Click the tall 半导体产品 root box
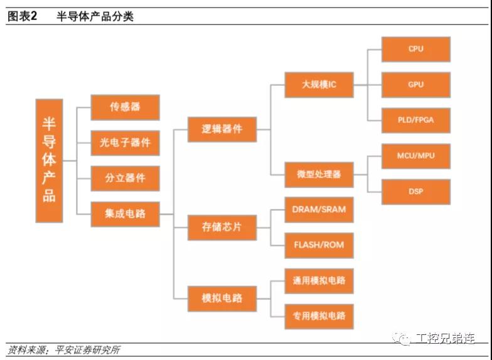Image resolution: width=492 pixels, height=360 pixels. click(x=49, y=161)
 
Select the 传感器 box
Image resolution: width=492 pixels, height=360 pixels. click(x=125, y=107)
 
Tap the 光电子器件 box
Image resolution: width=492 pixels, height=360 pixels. click(x=125, y=142)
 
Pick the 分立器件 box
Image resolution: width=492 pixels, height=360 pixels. click(x=125, y=178)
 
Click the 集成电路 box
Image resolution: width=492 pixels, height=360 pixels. click(x=125, y=214)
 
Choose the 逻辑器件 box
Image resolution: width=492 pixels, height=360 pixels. click(x=222, y=130)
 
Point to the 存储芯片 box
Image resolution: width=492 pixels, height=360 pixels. click(x=222, y=227)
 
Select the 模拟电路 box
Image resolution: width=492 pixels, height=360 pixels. click(x=222, y=298)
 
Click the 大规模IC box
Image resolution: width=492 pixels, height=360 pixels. click(x=319, y=84)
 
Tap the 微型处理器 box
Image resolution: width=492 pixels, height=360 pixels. click(x=319, y=174)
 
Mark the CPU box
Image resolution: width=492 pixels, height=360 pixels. click(x=415, y=49)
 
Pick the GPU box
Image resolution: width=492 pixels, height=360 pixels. click(x=415, y=85)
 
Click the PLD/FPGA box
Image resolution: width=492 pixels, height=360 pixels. click(x=415, y=120)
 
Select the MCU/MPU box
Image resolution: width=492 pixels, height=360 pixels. click(x=415, y=156)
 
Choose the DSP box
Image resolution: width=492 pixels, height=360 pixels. click(x=415, y=191)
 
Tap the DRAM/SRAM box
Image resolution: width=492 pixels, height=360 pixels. click(x=319, y=209)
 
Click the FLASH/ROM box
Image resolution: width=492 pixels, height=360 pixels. click(x=319, y=245)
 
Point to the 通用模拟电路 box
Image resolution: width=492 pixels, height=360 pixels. click(x=319, y=280)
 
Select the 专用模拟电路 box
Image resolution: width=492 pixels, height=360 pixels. click(x=319, y=316)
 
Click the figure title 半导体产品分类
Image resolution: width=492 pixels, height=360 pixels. click(x=95, y=16)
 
